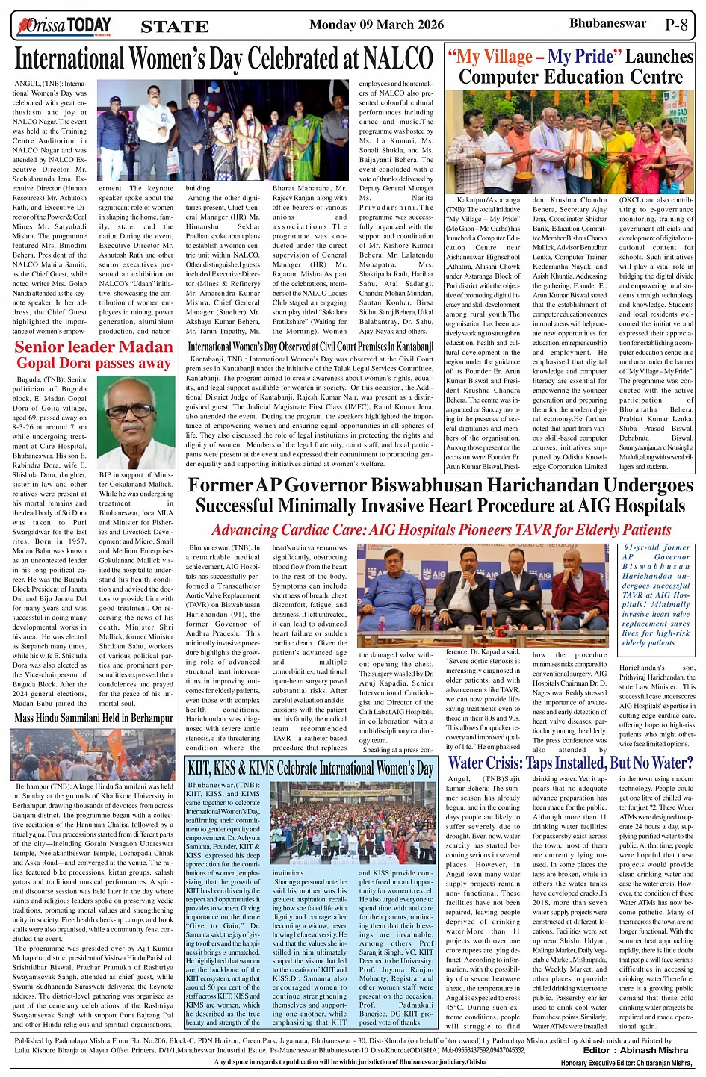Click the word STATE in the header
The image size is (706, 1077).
click(x=174, y=27)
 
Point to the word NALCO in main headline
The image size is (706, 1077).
click(x=398, y=58)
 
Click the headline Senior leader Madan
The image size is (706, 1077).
click(x=93, y=347)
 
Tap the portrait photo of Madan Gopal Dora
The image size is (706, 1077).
click(x=136, y=422)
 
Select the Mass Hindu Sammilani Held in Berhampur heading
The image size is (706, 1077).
click(x=93, y=718)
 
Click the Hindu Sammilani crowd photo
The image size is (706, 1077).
click(x=93, y=754)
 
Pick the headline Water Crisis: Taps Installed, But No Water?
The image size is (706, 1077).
click(x=570, y=763)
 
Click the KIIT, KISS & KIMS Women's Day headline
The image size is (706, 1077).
click(x=310, y=768)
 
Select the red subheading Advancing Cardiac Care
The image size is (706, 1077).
click(x=441, y=530)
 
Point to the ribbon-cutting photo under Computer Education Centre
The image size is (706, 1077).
click(x=569, y=142)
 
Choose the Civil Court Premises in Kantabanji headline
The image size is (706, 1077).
click(x=310, y=347)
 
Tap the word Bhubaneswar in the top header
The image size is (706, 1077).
click(x=607, y=23)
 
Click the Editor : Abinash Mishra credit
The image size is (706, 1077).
click(x=636, y=1050)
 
